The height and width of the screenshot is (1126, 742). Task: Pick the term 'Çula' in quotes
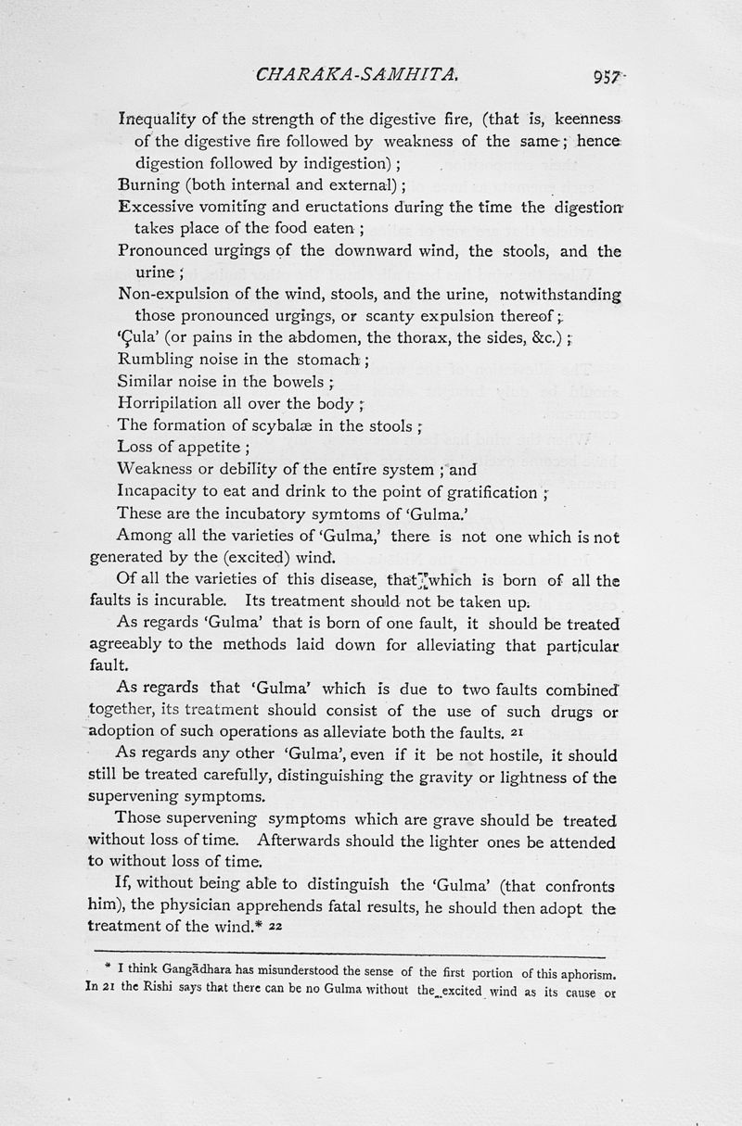coord(138,337)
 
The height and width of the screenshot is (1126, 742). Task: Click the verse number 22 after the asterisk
coord(275,927)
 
